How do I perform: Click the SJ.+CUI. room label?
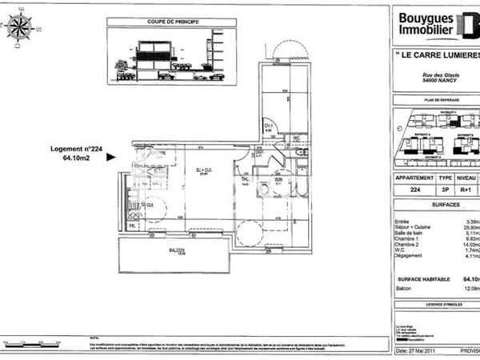click(204, 170)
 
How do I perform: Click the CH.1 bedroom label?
click(269, 125)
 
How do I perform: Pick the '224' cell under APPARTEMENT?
click(414, 190)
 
